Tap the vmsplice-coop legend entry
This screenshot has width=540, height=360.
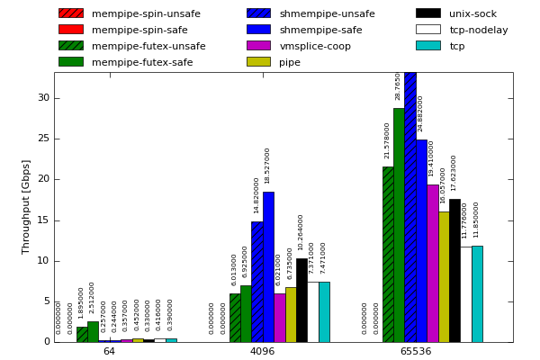pyautogui.click(x=315, y=46)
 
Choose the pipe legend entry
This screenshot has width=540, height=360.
pyautogui.click(x=290, y=62)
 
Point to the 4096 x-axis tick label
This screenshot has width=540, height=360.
pyautogui.click(x=262, y=351)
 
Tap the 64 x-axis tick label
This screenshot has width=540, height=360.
pyautogui.click(x=109, y=351)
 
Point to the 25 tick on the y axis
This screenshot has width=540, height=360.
pyautogui.click(x=43, y=139)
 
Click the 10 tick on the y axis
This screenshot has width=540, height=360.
pyautogui.click(x=43, y=261)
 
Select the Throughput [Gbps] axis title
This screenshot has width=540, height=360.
pyautogui.click(x=27, y=206)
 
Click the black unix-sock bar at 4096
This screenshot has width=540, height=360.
pyautogui.click(x=301, y=300)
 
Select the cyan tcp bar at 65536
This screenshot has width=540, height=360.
pyautogui.click(x=477, y=293)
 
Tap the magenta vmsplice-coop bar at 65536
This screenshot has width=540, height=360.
pyautogui.click(x=433, y=263)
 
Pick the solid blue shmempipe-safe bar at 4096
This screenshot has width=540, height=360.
pyautogui.click(x=268, y=266)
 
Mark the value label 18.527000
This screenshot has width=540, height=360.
pyautogui.click(x=267, y=166)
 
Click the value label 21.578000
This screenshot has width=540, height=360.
pyautogui.click(x=388, y=141)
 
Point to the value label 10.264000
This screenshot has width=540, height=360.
pyautogui.click(x=301, y=232)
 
